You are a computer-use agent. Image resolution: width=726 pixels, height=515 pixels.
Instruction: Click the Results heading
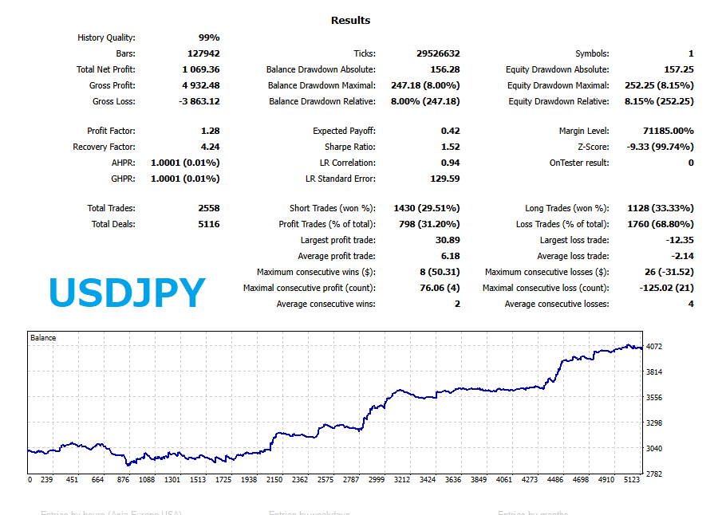(350, 21)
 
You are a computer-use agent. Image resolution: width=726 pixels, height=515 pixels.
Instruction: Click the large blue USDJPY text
(127, 293)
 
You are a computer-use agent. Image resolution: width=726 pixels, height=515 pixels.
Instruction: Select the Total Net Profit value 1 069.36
(200, 69)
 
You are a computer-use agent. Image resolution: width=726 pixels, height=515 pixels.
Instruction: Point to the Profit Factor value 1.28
(211, 131)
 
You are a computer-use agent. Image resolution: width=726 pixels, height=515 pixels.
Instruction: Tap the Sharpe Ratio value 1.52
(450, 147)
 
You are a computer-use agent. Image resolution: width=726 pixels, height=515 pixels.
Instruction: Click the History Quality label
(106, 37)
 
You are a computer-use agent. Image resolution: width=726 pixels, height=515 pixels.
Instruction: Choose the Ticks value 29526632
(438, 53)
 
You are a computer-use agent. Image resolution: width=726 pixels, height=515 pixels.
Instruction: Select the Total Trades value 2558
(208, 208)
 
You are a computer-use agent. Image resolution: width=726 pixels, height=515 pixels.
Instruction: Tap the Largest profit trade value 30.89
(448, 240)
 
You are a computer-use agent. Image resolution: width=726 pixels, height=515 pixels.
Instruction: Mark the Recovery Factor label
(104, 147)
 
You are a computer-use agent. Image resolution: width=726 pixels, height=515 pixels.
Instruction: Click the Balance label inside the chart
(43, 338)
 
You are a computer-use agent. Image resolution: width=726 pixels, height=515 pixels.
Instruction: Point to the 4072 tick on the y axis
(654, 347)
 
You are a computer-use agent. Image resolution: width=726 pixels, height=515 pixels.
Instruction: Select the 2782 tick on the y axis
(654, 474)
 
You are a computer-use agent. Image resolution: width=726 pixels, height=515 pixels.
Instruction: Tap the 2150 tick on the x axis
(275, 480)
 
